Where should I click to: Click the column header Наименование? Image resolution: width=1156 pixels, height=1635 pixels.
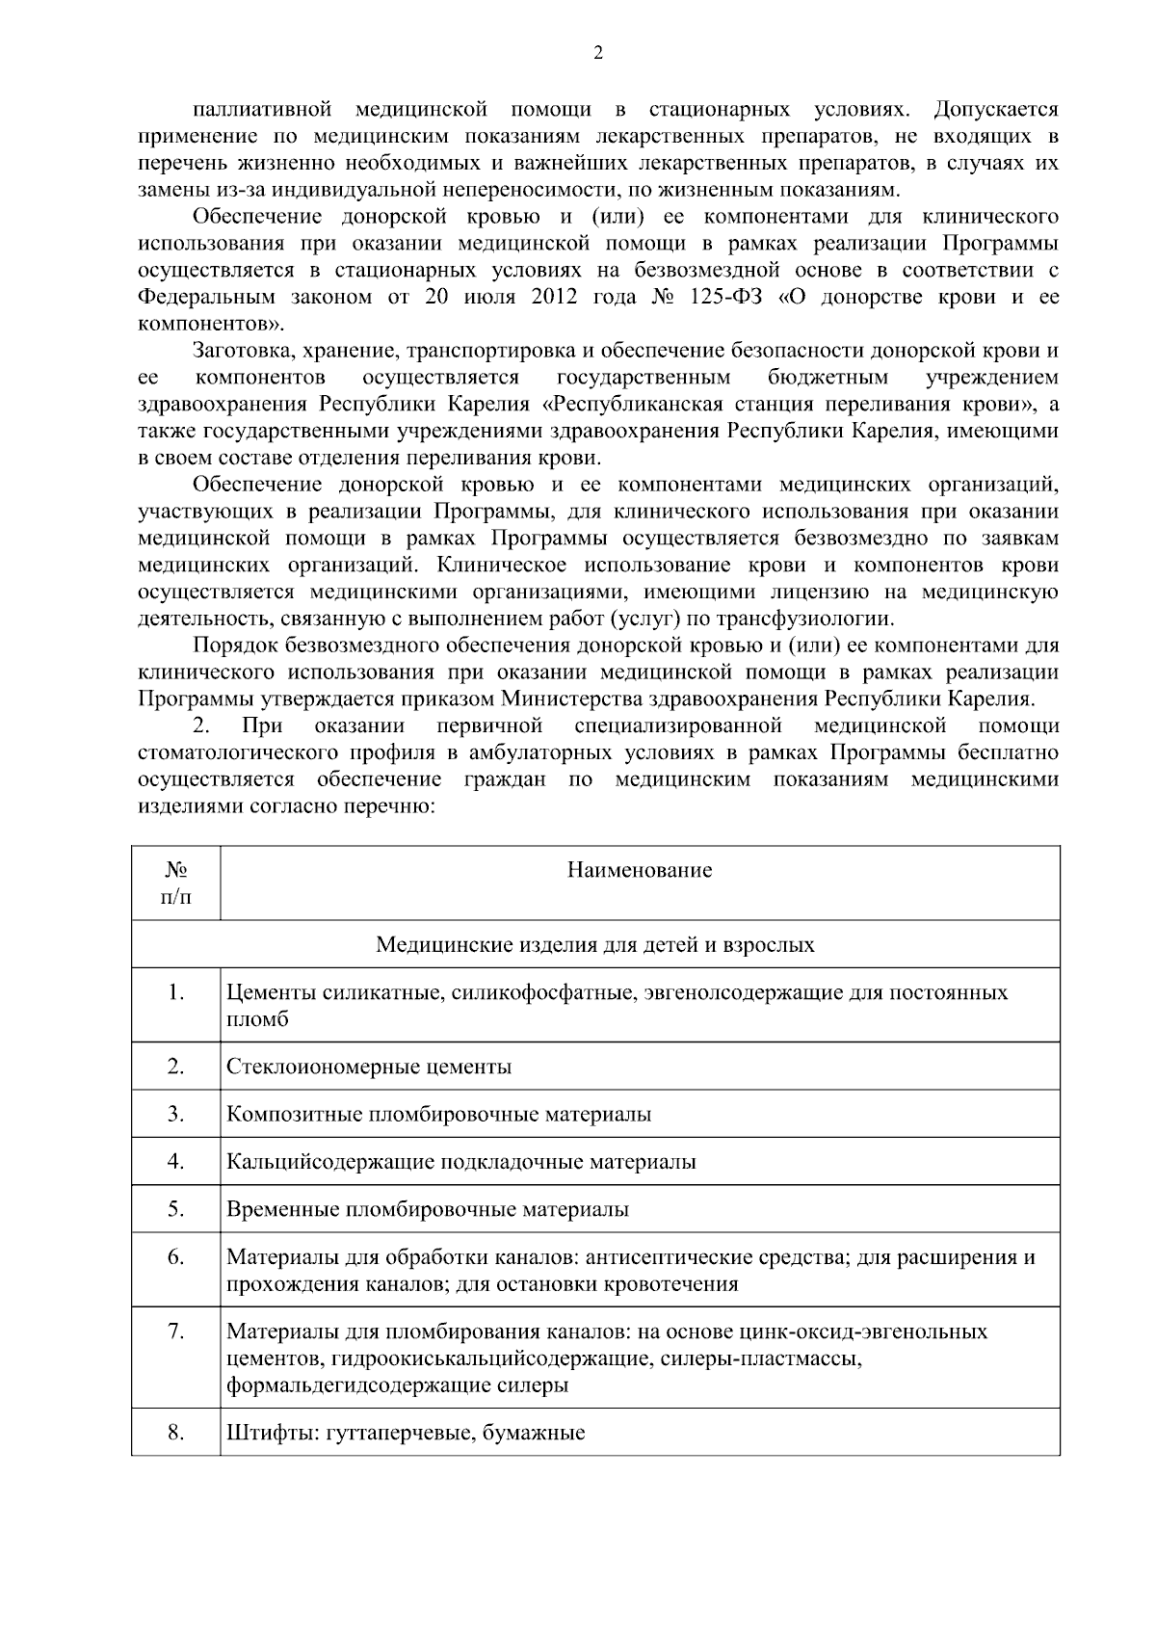pos(639,871)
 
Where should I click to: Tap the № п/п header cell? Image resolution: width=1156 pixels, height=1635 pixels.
pos(175,883)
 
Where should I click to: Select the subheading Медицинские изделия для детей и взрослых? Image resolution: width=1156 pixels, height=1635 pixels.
pos(594,944)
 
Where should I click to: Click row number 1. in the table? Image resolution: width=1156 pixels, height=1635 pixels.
pos(175,991)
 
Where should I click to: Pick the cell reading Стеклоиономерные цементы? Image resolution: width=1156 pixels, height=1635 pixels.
pos(369,1067)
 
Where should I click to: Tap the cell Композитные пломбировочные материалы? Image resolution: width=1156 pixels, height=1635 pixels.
pos(438,1115)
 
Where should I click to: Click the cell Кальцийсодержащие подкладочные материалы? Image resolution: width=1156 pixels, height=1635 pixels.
pos(460,1162)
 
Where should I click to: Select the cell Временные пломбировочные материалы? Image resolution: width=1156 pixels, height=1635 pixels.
pos(428,1209)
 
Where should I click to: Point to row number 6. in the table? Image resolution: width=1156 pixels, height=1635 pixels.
pos(175,1256)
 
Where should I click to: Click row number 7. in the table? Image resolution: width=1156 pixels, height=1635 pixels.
pos(175,1331)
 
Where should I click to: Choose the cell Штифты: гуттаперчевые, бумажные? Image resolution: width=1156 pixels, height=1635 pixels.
pos(406,1433)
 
